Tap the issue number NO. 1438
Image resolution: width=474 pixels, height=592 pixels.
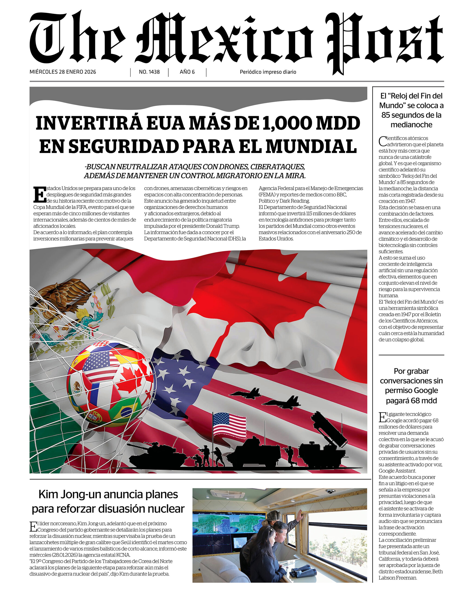pos(149,72)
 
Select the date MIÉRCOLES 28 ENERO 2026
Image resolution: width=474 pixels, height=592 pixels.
pos(63,72)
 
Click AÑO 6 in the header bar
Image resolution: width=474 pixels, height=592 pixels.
pos(187,72)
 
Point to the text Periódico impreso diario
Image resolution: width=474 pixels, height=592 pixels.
pos(268,72)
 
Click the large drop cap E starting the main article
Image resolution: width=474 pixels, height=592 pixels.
pos(40,195)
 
